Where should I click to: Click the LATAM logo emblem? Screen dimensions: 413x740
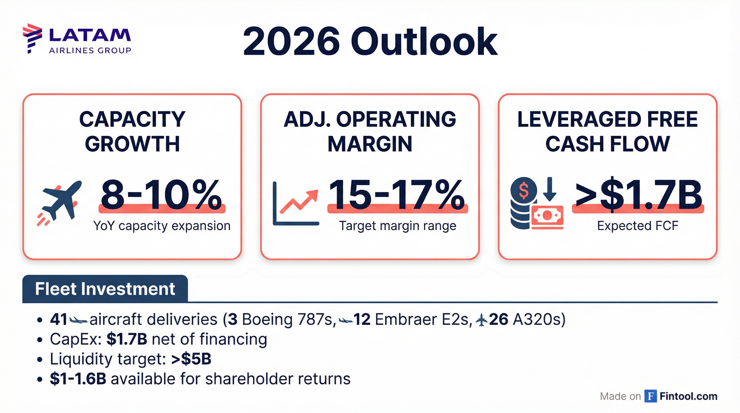(32, 38)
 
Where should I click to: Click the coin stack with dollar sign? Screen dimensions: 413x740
(523, 203)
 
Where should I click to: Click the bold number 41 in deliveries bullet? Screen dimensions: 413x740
(59, 319)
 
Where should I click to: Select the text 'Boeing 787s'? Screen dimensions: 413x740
(289, 319)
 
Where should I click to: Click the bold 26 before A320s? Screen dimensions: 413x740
(499, 319)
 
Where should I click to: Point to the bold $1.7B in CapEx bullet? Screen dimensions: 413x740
(127, 339)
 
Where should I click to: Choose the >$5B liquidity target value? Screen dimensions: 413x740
(191, 359)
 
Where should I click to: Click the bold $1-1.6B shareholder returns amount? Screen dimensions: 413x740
(78, 379)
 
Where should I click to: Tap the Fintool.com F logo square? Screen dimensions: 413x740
(650, 396)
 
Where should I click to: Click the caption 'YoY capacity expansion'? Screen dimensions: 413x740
(162, 226)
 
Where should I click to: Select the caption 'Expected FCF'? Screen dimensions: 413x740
(638, 226)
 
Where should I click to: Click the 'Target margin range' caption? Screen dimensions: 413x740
(398, 226)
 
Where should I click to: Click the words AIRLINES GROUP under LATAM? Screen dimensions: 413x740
(90, 51)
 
